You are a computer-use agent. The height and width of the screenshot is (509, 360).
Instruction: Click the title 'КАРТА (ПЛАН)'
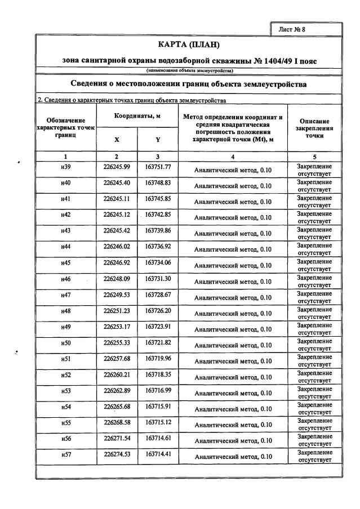[188, 44]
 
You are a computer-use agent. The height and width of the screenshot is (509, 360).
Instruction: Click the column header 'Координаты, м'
[137, 115]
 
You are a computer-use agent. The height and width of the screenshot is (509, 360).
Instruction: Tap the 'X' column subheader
[117, 140]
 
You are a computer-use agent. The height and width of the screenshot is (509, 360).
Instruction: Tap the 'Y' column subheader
[158, 140]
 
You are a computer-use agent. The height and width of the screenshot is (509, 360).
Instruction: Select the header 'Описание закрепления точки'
[315, 128]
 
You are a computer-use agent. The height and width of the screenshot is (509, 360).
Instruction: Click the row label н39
[66, 167]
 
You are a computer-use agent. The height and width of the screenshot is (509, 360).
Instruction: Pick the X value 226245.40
[117, 183]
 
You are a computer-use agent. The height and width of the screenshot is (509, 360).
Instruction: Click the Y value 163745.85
[158, 199]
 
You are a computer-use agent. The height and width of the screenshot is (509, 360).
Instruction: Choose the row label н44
[66, 247]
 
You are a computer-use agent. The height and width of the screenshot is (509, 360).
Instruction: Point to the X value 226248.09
[117, 279]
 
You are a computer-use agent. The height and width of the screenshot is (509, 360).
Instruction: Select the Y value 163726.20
[158, 311]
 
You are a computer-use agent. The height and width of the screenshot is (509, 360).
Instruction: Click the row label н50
[66, 343]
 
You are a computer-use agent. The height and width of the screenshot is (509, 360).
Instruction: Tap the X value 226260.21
[117, 375]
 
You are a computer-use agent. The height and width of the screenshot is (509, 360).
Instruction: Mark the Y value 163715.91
[158, 407]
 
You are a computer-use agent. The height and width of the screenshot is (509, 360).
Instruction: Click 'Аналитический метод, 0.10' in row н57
[233, 457]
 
